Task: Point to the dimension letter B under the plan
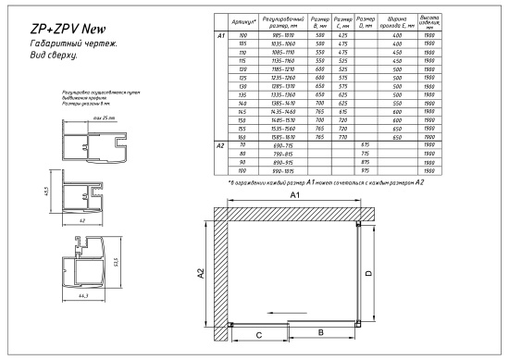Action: coord(319,331)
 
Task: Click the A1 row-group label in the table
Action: coord(220,35)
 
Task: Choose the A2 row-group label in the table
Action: coord(220,144)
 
